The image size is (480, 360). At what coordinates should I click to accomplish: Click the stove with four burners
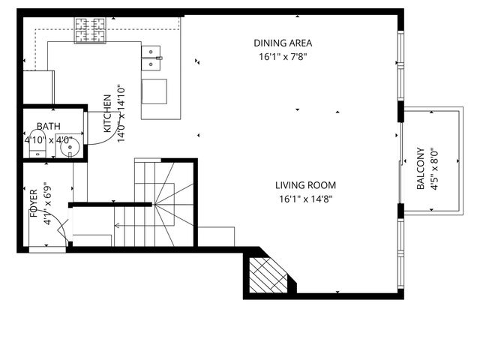90,30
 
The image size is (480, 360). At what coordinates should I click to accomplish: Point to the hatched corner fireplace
268,276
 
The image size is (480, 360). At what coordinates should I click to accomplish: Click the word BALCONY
421,169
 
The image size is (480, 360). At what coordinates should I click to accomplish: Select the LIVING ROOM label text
304,185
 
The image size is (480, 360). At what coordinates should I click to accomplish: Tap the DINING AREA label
282,43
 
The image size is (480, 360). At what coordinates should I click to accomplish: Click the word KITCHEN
107,113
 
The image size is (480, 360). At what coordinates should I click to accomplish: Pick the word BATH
48,127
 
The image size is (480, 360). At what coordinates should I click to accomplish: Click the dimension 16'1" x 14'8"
304,199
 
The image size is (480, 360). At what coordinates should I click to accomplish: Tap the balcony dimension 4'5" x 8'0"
433,169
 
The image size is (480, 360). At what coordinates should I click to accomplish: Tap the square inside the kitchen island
155,91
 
